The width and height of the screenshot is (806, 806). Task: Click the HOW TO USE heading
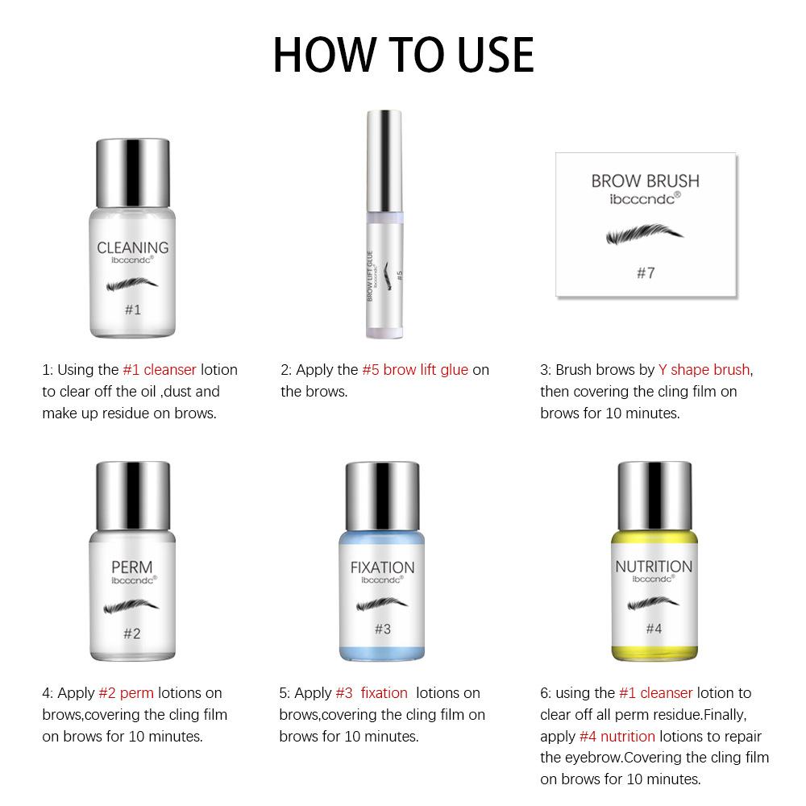click(x=403, y=54)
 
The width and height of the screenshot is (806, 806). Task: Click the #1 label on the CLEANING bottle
click(x=133, y=309)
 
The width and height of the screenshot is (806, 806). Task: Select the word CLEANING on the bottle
click(x=133, y=247)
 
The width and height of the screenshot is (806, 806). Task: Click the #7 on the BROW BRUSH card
click(x=646, y=272)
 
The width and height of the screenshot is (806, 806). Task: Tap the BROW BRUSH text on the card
click(x=646, y=181)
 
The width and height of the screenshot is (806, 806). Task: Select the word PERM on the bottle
click(x=132, y=567)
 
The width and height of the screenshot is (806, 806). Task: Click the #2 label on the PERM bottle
click(x=132, y=633)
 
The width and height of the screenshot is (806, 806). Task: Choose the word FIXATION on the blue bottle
click(x=383, y=567)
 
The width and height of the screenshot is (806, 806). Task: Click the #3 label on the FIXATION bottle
click(x=382, y=629)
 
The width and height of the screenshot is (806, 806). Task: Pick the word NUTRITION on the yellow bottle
click(x=654, y=567)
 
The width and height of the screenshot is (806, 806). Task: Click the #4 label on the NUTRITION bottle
click(x=654, y=629)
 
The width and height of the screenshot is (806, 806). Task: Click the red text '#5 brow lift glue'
click(x=415, y=370)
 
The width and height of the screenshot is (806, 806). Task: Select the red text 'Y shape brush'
click(x=704, y=370)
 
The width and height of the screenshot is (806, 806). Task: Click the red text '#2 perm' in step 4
click(x=127, y=692)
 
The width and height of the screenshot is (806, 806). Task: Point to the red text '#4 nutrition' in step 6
click(x=617, y=736)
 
